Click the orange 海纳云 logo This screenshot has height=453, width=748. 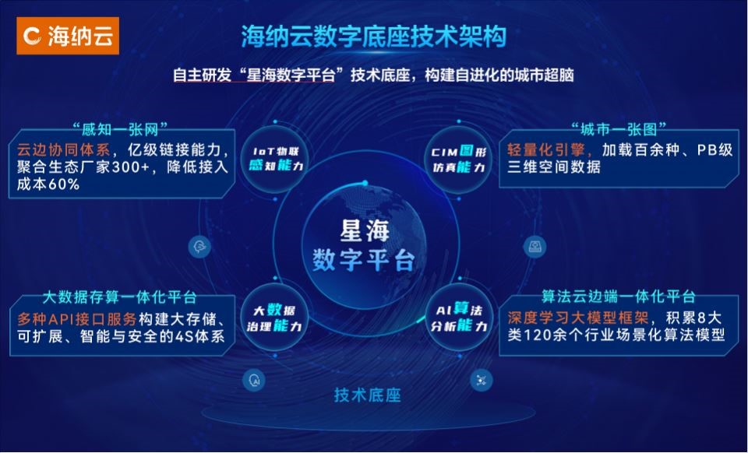(x=68, y=36)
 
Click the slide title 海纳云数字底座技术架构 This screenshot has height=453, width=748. (x=373, y=37)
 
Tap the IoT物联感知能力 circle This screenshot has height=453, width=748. (x=275, y=159)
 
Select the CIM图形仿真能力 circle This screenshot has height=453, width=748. (x=459, y=159)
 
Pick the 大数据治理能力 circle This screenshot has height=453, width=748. (x=275, y=318)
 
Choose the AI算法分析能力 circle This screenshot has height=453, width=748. (x=459, y=318)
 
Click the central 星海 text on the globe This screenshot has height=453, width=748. (x=365, y=231)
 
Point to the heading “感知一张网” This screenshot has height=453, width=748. (x=120, y=128)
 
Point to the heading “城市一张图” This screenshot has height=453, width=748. (x=618, y=128)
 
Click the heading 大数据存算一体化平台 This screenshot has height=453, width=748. (x=120, y=297)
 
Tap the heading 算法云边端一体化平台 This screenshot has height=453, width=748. (x=618, y=297)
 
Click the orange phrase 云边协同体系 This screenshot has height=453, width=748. (x=63, y=149)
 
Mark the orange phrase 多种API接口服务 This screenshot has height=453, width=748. (x=77, y=318)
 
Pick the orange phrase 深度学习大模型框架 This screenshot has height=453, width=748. (x=578, y=318)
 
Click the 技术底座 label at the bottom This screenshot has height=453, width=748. (x=367, y=395)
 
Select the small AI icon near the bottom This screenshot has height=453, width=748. (x=254, y=380)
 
